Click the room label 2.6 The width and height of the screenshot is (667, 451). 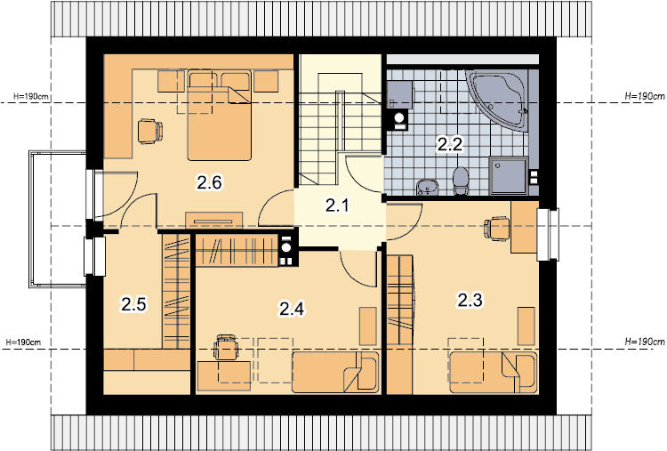[x=209, y=183]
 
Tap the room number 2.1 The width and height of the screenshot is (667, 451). [x=337, y=205]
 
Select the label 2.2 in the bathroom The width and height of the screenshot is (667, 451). [x=450, y=145]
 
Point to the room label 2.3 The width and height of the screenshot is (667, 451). [x=470, y=300]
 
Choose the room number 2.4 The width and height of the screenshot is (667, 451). [x=292, y=309]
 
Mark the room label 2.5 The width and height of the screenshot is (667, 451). [x=133, y=304]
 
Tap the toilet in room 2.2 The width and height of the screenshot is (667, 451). [x=461, y=181]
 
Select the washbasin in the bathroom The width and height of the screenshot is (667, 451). [x=427, y=187]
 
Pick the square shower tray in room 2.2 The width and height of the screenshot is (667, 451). [x=509, y=176]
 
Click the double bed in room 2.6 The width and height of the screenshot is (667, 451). [x=220, y=115]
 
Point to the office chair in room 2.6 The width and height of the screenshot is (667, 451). [x=150, y=131]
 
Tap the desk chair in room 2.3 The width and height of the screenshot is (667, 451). [x=497, y=229]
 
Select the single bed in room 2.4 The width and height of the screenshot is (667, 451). [x=334, y=373]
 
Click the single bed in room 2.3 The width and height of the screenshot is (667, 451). [x=494, y=373]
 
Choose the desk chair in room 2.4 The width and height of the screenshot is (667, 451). [x=226, y=347]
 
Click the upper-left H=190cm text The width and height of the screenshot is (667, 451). [x=31, y=97]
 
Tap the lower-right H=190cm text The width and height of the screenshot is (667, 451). [x=645, y=342]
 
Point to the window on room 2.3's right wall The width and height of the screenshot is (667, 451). [x=548, y=235]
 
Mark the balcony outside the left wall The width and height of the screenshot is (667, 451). [x=58, y=219]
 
